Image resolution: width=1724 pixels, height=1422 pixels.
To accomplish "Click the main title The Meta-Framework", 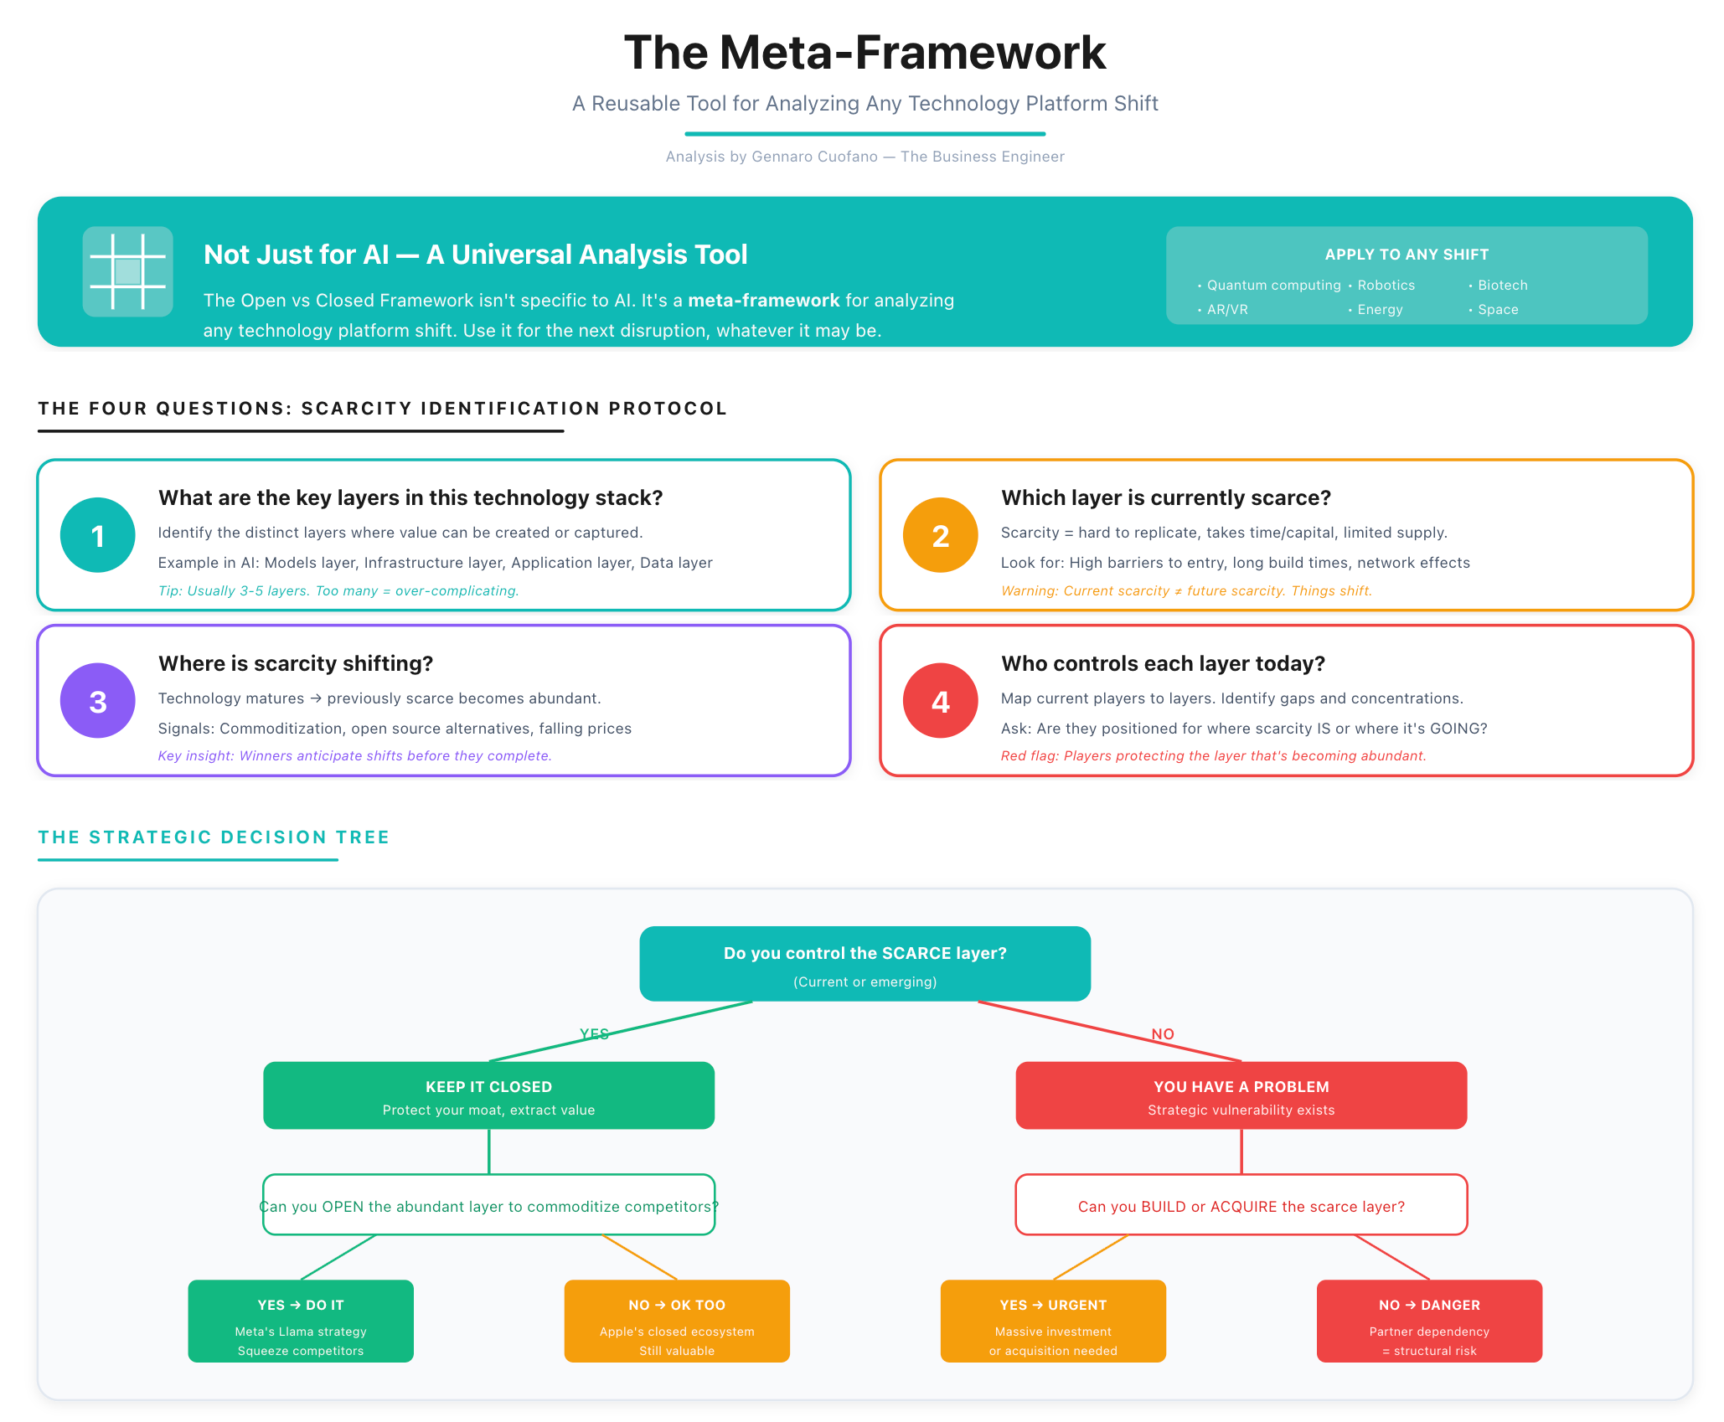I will pos(865,53).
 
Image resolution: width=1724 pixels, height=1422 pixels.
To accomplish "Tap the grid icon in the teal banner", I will pos(127,271).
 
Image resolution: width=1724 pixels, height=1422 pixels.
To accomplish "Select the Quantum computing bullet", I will pos(1272,286).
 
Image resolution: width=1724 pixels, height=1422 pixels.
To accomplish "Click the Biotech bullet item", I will pos(1502,286).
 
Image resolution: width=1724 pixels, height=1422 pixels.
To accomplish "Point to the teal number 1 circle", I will pos(98,535).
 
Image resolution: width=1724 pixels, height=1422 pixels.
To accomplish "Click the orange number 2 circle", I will pos(940,535).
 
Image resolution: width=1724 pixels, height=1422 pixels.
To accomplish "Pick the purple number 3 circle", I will pos(98,701).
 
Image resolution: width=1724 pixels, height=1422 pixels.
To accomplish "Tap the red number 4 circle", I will pos(940,701).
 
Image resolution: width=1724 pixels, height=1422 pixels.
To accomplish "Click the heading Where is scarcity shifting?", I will pos(296,663).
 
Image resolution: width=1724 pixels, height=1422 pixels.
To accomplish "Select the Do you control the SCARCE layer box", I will pos(865,964).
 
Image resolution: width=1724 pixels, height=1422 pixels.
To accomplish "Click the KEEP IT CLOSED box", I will pos(488,1095).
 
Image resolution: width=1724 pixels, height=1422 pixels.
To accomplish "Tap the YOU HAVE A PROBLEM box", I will pos(1241,1095).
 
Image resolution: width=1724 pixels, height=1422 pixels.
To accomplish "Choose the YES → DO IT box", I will pos(301,1321).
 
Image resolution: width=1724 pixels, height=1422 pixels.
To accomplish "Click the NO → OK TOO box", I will pos(677,1321).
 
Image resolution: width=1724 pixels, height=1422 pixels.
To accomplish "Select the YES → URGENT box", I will pos(1053,1321).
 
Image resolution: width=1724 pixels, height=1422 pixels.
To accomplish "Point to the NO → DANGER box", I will pos(1429,1321).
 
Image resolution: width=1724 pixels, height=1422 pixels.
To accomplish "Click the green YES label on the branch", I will pos(594,1034).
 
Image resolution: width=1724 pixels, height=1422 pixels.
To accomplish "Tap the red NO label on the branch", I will pos(1163,1034).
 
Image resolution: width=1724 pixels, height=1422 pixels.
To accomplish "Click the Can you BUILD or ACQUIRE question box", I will pos(1241,1205).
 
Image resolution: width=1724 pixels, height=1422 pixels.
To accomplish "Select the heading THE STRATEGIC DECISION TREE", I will pos(214,837).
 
